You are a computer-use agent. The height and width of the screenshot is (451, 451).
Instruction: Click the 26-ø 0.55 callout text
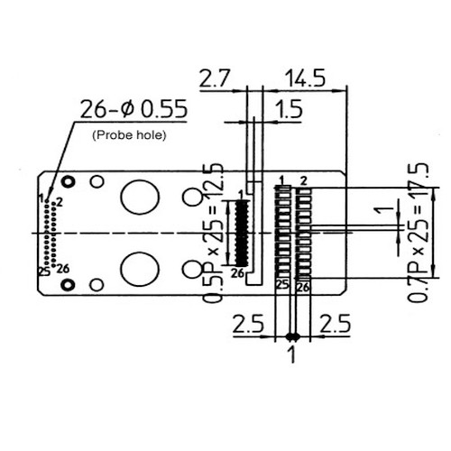pos(133,110)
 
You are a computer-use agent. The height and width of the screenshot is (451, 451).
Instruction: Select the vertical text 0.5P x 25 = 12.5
pos(214,232)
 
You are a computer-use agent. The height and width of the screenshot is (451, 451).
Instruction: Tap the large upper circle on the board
pos(140,196)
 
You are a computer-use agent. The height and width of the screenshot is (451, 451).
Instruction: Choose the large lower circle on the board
pos(140,270)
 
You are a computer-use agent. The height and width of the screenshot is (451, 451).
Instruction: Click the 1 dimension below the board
pos(291,354)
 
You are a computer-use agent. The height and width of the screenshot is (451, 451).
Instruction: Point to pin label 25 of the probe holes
pos(43,270)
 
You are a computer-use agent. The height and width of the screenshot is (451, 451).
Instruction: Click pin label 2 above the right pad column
pos(304,180)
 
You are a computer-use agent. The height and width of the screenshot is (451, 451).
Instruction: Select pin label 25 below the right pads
pos(281,285)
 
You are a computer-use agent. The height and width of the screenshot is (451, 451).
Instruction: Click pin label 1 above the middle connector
pos(240,194)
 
